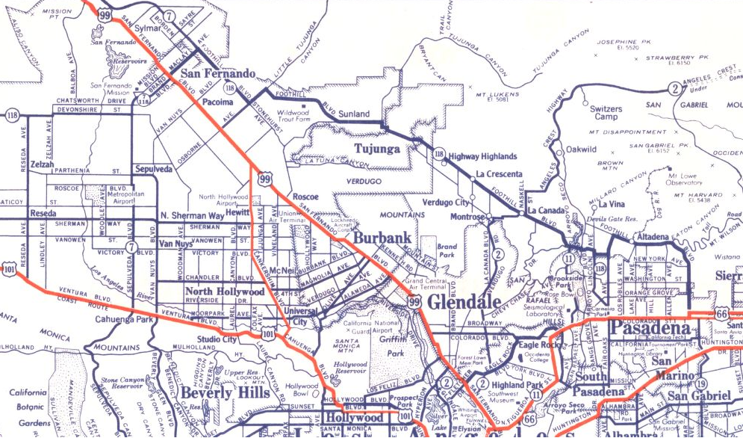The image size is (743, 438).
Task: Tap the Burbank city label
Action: coord(382,238)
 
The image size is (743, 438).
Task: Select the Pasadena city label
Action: coord(649,329)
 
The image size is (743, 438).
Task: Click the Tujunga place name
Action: coord(377,148)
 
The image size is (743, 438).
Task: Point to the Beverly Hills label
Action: coord(215,392)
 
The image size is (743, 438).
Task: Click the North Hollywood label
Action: coord(225,291)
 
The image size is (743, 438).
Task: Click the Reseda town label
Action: coord(43,213)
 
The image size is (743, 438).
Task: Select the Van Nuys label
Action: coord(175,244)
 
